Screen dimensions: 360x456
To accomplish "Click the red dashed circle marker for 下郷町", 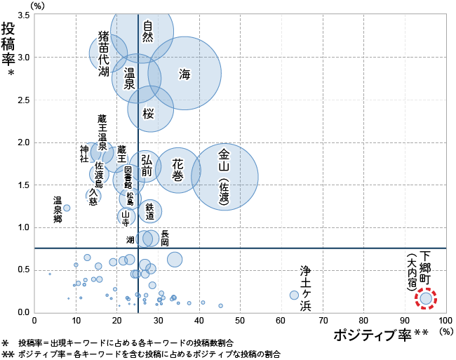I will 426,298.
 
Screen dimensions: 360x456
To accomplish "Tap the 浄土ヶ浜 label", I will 305,288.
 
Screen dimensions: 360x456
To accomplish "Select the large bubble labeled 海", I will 185,74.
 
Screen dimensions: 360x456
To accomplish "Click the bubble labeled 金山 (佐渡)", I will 224,176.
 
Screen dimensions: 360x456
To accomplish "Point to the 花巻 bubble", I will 177,170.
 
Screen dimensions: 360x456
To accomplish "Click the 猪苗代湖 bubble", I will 109,53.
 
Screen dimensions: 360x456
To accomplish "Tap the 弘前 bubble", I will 146,166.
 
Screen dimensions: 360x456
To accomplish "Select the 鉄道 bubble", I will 149,211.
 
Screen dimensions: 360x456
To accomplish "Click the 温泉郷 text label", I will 58,210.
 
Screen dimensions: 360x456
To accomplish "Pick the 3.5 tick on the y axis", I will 22,15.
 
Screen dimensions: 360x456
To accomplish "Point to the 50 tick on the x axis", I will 240,320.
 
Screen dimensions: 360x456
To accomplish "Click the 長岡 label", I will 165,237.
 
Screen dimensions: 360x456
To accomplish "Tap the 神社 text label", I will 84,154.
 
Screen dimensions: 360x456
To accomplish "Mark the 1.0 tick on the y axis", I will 22,227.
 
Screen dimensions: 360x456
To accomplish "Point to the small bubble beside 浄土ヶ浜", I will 294,295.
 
